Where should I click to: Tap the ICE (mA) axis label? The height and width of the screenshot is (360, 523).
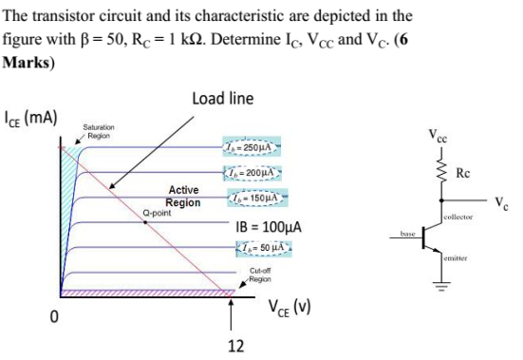point(32,118)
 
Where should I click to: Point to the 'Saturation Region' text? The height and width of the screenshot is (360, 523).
point(99,131)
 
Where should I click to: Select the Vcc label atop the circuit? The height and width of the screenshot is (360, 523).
point(440,139)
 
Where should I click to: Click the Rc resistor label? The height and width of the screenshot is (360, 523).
point(462,173)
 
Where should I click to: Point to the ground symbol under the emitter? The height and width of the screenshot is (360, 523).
point(440,282)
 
